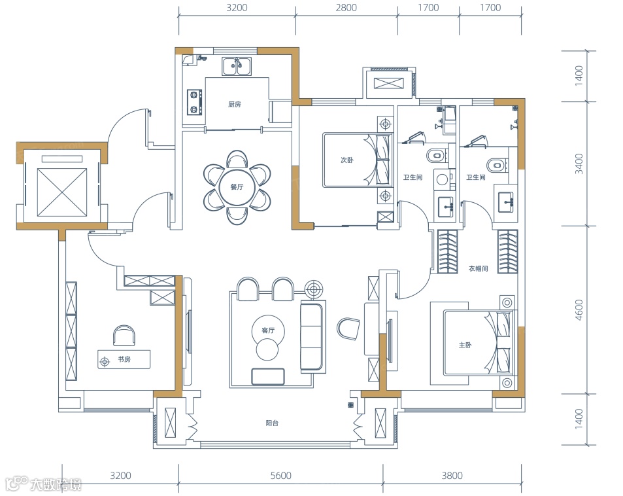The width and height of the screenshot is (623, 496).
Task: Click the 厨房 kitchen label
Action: pyautogui.click(x=235, y=105)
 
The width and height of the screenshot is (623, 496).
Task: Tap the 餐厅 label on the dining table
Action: pyautogui.click(x=237, y=187)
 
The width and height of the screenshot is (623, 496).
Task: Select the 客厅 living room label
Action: pyautogui.click(x=268, y=330)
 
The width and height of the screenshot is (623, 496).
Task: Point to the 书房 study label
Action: pyautogui.click(x=124, y=359)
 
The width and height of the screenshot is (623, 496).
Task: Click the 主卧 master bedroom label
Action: pyautogui.click(x=465, y=345)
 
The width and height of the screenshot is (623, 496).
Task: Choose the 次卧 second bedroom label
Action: pyautogui.click(x=347, y=160)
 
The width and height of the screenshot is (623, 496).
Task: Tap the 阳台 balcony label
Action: pyautogui.click(x=272, y=423)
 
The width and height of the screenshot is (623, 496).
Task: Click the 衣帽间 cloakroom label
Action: pyautogui.click(x=479, y=268)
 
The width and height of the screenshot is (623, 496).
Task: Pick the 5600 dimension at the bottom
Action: pyautogui.click(x=281, y=475)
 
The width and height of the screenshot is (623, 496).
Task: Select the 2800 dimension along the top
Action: pyautogui.click(x=346, y=8)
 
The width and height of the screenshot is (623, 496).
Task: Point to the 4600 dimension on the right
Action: pyautogui.click(x=579, y=310)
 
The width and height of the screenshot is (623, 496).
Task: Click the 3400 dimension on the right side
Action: pyautogui.click(x=579, y=164)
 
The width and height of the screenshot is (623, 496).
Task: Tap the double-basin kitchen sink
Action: pyautogui.click(x=237, y=67)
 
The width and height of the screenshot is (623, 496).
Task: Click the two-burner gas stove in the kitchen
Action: pyautogui.click(x=194, y=102)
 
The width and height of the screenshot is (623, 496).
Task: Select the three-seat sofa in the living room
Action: pyautogui.click(x=312, y=337)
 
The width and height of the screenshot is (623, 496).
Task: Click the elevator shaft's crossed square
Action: pyautogui.click(x=61, y=192)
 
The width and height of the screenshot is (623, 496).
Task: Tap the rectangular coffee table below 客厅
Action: pyautogui.click(x=268, y=377)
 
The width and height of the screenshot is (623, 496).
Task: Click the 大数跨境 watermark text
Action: pyautogui.click(x=56, y=484)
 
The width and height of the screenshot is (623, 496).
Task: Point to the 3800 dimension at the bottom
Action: pyautogui.click(x=452, y=475)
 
